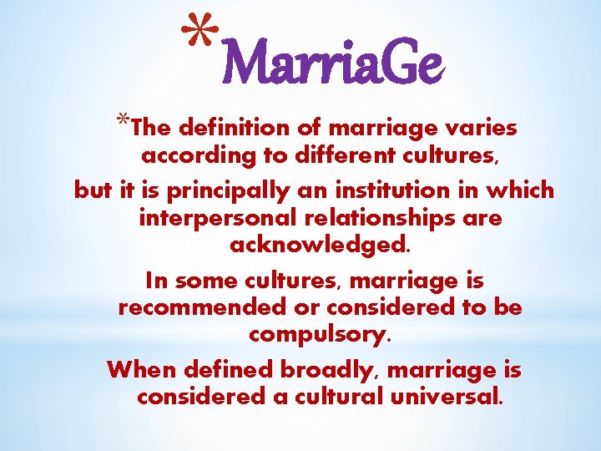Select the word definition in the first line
pos(227,129)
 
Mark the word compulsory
pos(318,337)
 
